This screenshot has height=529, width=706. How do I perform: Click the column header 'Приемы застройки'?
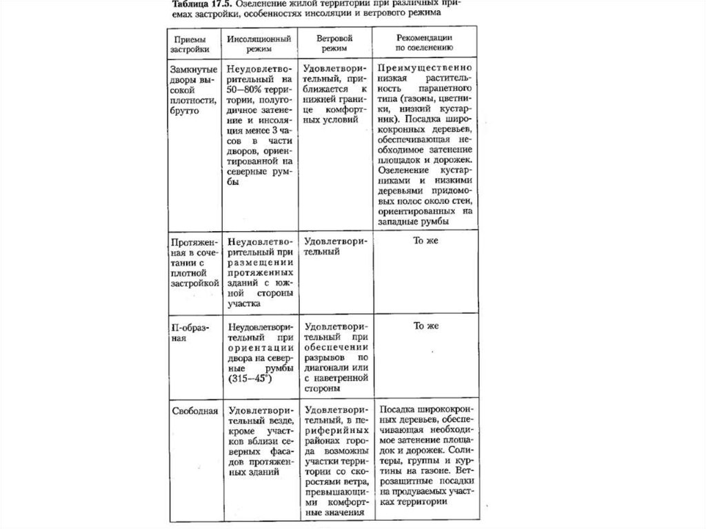click(x=191, y=44)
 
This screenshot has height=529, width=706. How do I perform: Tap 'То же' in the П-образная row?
click(x=426, y=326)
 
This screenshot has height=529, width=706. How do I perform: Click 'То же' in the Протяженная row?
click(x=426, y=241)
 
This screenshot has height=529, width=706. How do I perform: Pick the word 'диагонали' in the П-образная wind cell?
click(x=327, y=369)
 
